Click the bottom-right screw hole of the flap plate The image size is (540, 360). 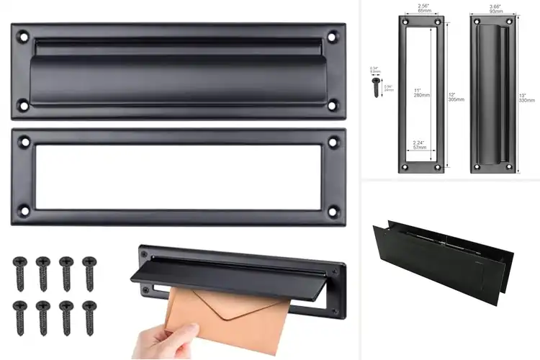(333, 106)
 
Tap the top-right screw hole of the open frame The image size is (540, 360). (333, 142)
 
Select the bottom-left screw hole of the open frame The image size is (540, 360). (24, 211)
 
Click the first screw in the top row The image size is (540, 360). (19, 272)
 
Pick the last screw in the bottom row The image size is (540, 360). (89, 317)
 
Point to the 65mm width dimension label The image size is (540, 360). (425, 10)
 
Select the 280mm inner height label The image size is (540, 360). (418, 94)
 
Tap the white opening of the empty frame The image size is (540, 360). (176, 176)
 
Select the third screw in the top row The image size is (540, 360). (66, 272)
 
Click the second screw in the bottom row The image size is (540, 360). (42, 317)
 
